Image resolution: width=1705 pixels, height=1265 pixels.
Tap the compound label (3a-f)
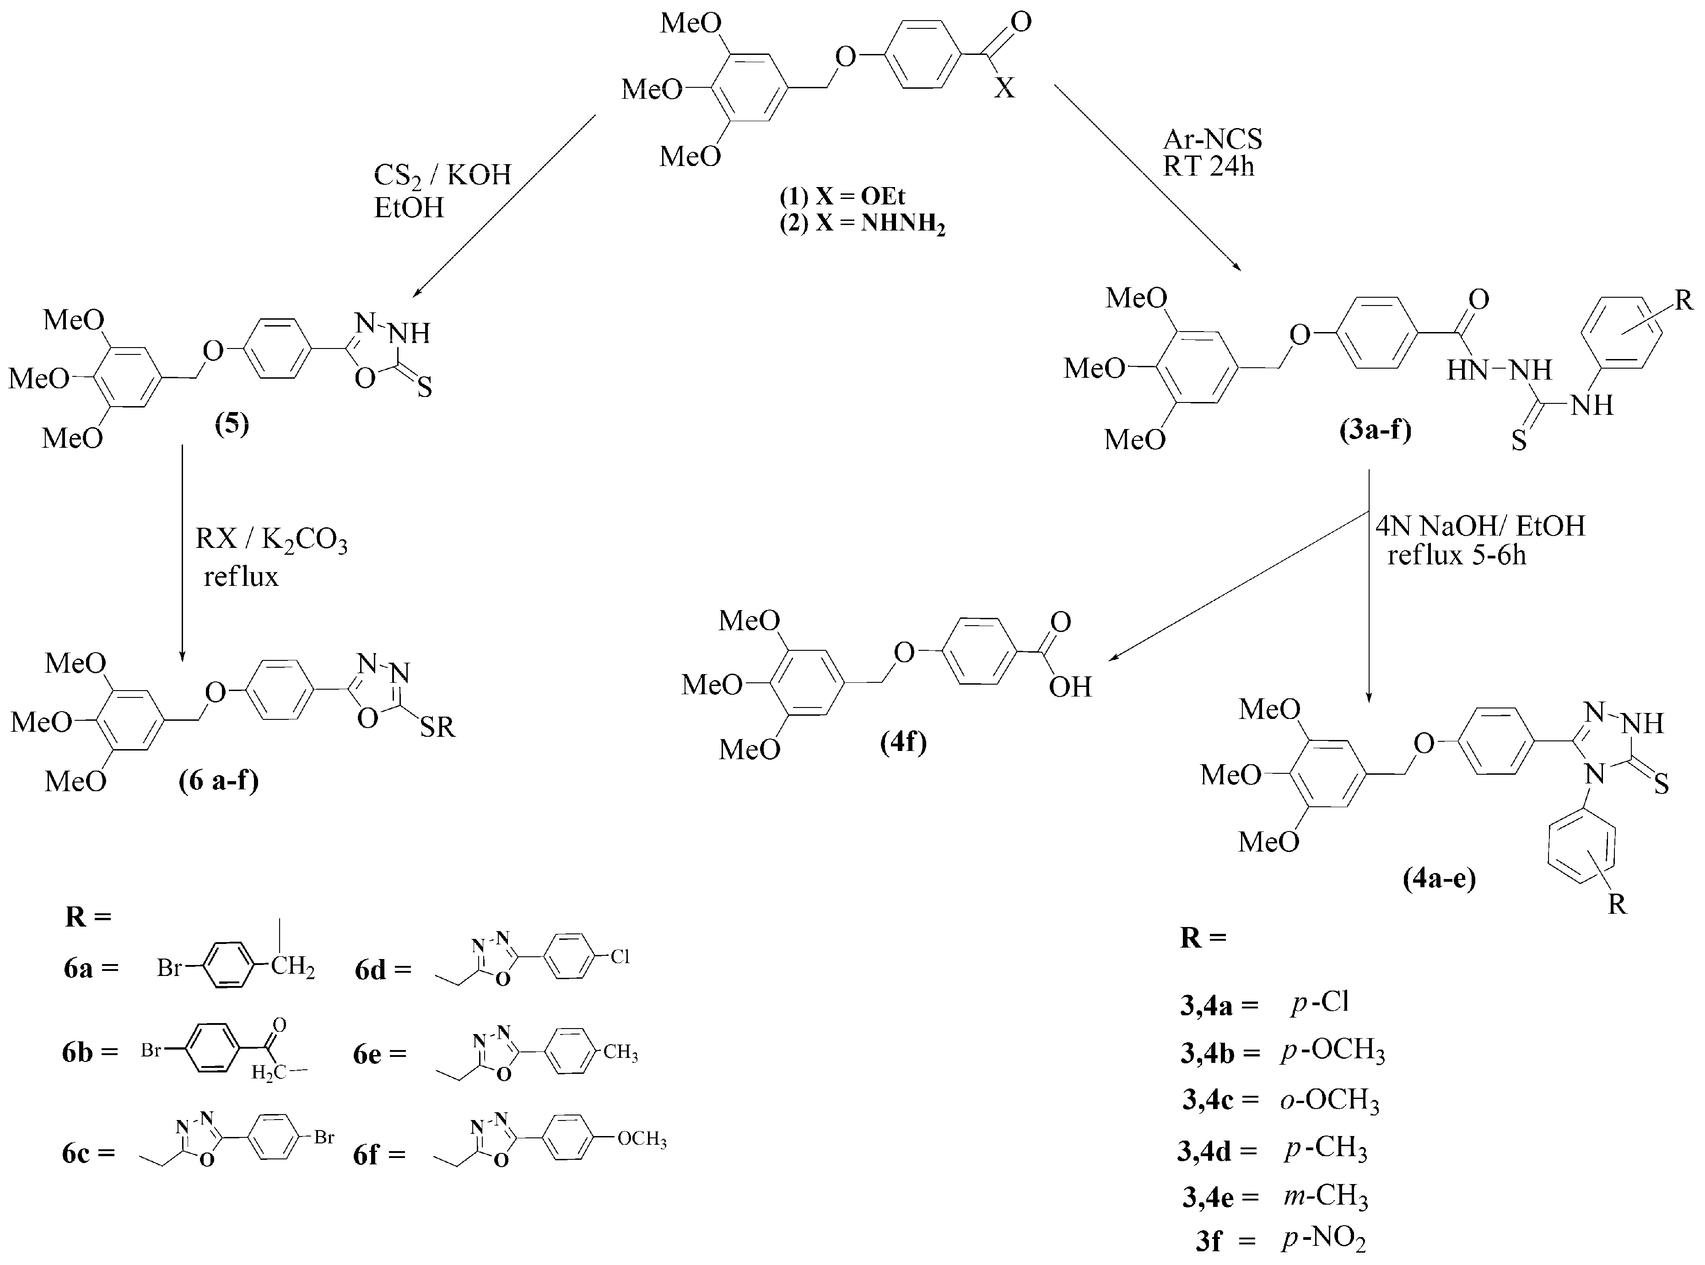1375,430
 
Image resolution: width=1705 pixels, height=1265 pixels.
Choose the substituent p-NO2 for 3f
1323,1238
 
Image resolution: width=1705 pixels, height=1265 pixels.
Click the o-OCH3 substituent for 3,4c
1330,1100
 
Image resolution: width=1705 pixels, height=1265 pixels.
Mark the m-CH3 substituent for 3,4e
1326,1196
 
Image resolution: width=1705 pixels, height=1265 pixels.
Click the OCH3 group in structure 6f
642,1139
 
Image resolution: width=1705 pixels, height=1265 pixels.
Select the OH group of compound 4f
1070,687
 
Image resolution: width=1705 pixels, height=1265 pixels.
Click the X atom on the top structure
1004,89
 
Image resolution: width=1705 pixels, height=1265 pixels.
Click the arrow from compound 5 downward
182,552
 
